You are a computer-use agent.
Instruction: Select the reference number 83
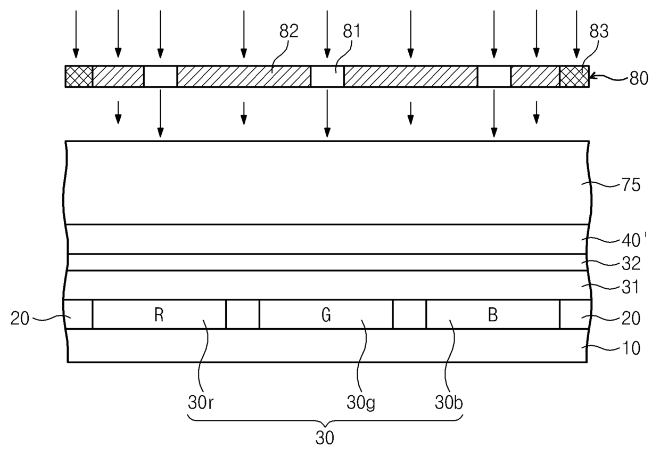[x=598, y=31]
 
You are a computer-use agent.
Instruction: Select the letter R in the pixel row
[x=159, y=315]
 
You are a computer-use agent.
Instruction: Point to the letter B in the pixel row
[x=493, y=315]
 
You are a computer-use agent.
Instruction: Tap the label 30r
[x=201, y=403]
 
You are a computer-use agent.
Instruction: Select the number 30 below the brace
[x=325, y=438]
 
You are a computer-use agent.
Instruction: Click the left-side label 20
[x=21, y=319]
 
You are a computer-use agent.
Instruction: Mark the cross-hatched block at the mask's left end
[x=79, y=76]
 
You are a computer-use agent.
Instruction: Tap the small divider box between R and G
[x=242, y=314]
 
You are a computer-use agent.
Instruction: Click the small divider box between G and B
[x=409, y=314]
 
